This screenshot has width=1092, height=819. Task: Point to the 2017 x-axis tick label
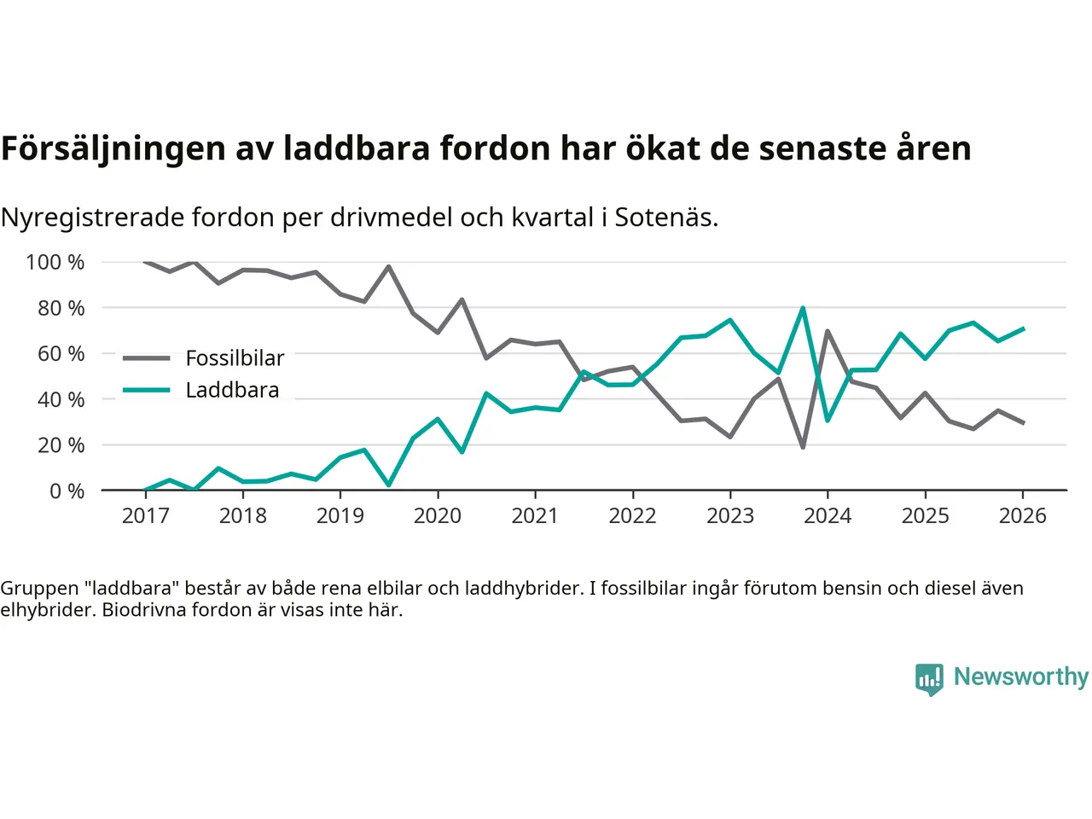[x=145, y=515]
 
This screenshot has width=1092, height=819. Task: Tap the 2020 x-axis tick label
[x=438, y=515]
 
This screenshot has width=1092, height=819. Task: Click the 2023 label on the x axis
[x=730, y=515]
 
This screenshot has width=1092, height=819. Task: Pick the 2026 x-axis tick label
[x=1022, y=515]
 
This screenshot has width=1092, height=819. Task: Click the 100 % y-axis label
[x=55, y=262]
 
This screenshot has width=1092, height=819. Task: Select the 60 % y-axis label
[x=61, y=353]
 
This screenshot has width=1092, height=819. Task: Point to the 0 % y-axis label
[x=67, y=491]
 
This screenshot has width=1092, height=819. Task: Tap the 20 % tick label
[x=61, y=444]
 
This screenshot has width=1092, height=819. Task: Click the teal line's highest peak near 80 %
[x=803, y=308]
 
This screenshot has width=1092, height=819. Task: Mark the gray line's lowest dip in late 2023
[x=803, y=447]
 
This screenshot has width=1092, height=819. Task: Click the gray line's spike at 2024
[x=828, y=331]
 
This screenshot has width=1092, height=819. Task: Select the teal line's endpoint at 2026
[x=1023, y=328]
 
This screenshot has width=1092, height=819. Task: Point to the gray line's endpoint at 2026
[x=1023, y=422]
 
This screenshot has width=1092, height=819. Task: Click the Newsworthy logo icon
[x=929, y=679]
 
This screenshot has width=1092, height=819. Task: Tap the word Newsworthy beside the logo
[x=1020, y=677]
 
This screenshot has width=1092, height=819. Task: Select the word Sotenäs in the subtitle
[x=665, y=218]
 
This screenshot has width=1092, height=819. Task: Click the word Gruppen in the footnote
[x=39, y=588]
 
